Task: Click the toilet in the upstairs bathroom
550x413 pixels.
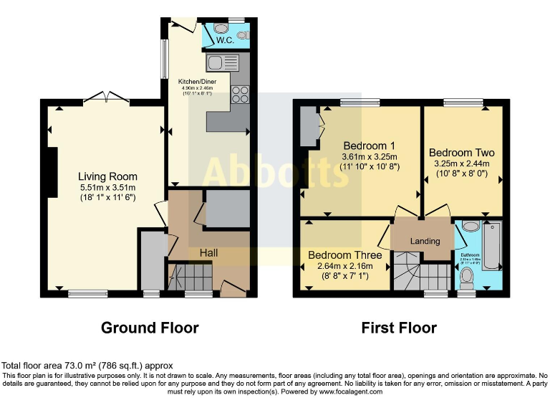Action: tap(468, 276)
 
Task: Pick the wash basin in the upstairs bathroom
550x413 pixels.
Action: tap(471, 227)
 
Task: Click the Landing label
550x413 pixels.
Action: tap(425, 241)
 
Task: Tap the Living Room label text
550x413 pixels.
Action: tap(107, 176)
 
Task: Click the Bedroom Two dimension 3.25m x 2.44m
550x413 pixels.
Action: tap(461, 163)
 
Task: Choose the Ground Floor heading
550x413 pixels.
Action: tap(150, 328)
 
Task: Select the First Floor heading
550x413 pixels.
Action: tap(399, 328)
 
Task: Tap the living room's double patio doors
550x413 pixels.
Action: tap(106, 98)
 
